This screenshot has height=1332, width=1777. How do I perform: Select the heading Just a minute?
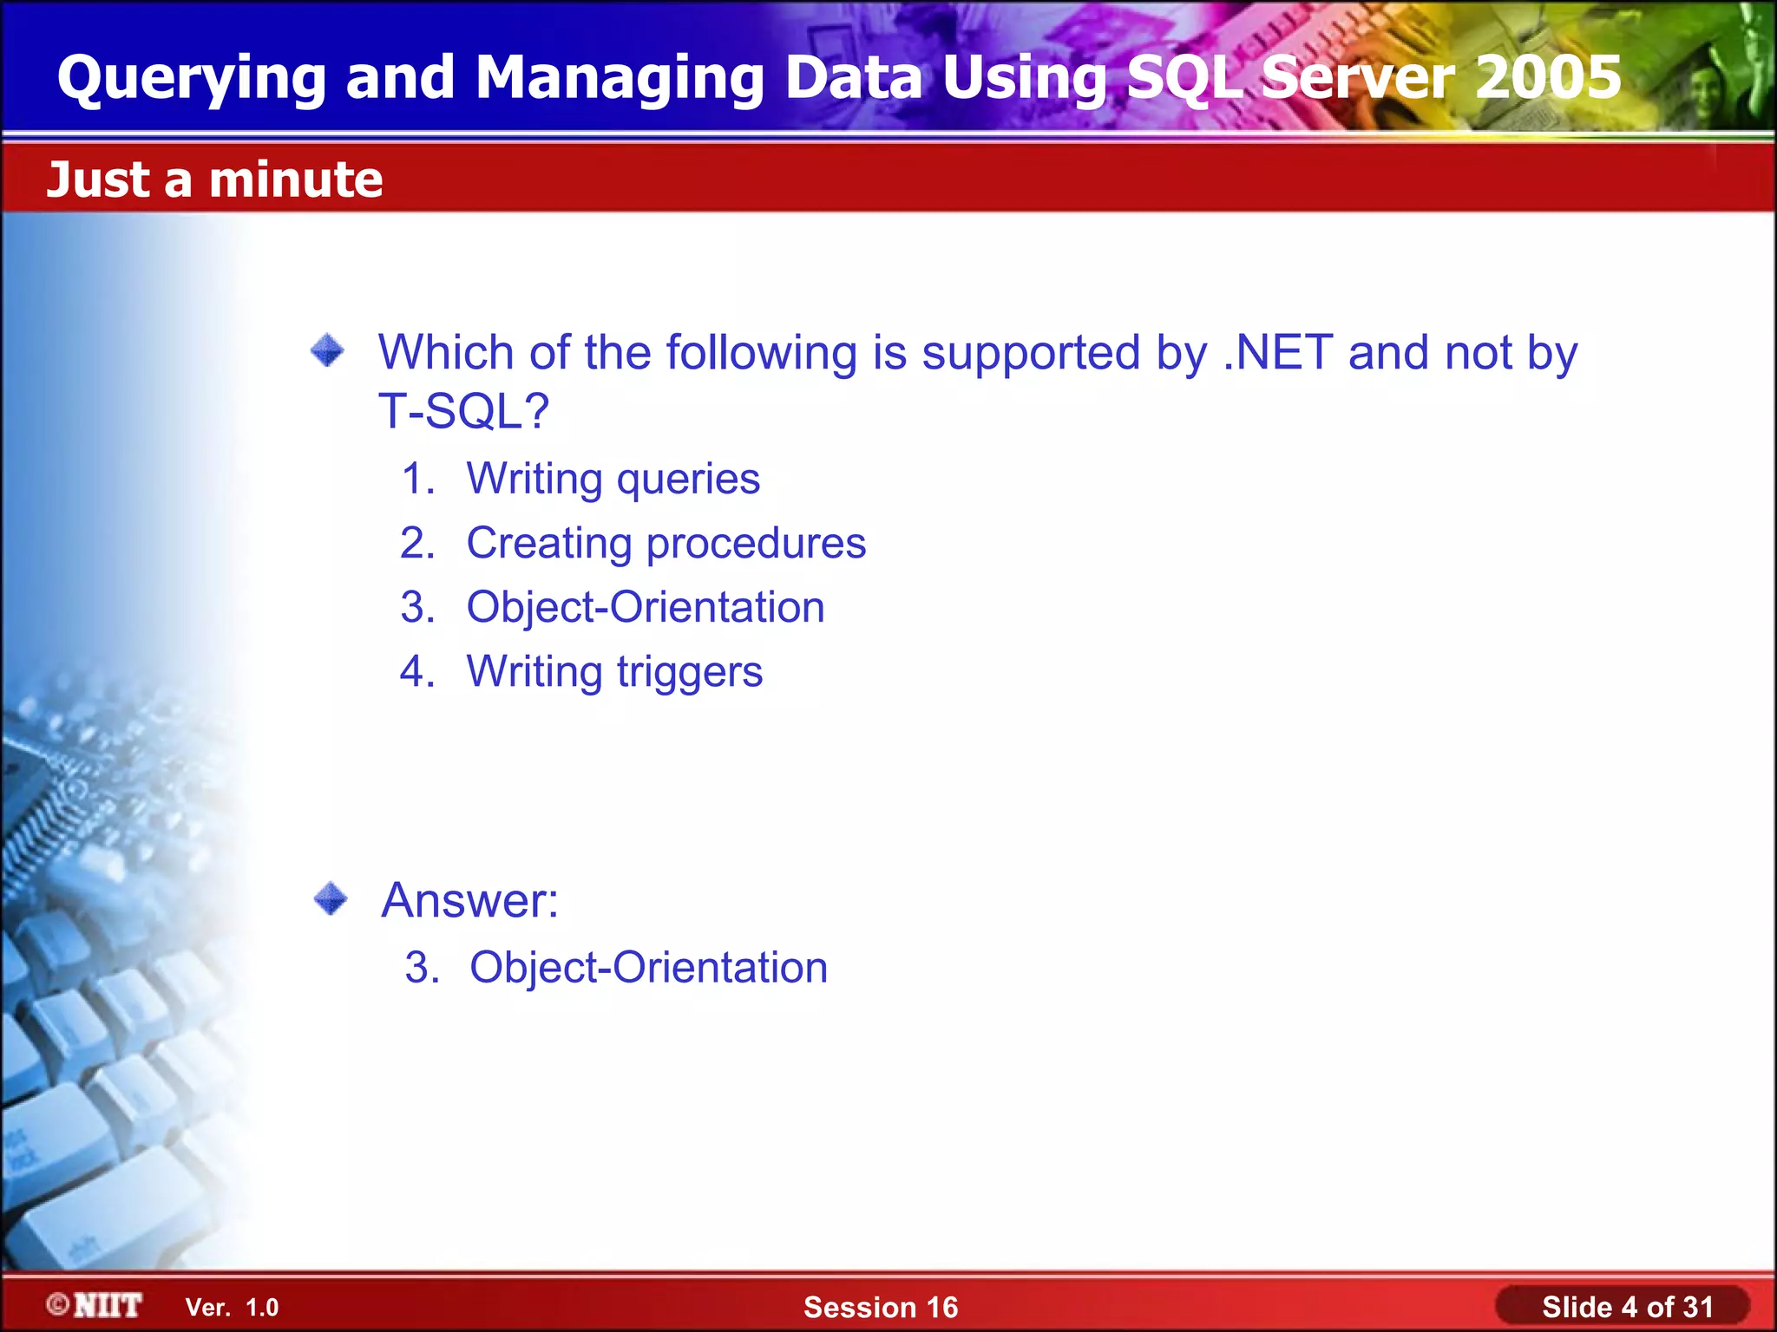click(214, 180)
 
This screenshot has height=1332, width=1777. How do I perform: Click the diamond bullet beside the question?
click(327, 351)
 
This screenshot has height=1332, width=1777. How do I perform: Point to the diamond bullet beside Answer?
click(331, 898)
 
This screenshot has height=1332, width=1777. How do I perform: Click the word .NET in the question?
click(1278, 353)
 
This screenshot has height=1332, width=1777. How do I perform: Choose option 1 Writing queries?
click(613, 479)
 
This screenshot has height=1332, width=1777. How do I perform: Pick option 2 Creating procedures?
click(666, 544)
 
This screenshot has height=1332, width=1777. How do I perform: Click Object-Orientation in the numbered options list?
click(646, 607)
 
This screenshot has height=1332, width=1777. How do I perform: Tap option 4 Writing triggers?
click(614, 672)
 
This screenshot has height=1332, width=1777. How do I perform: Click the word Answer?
click(470, 900)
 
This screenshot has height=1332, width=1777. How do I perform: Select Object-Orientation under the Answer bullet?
click(648, 968)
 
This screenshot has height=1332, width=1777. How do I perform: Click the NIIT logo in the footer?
click(95, 1306)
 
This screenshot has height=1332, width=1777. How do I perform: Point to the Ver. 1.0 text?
click(233, 1308)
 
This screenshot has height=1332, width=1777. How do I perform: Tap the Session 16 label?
click(881, 1308)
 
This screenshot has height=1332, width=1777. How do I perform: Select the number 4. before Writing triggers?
click(417, 672)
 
